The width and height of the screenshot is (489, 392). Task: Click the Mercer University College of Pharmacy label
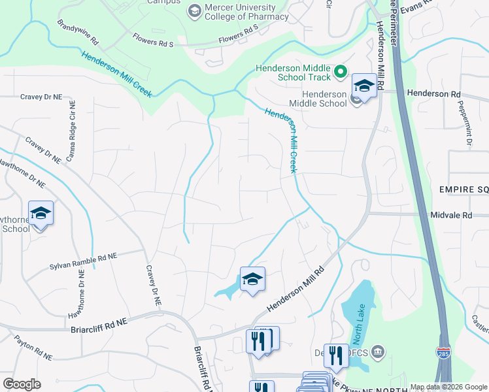pyautogui.click(x=246, y=12)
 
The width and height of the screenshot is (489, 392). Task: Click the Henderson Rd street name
pyautogui.click(x=433, y=94)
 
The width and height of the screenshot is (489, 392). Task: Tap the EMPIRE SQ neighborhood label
pyautogui.click(x=464, y=189)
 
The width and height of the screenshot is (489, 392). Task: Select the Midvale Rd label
pyautogui.click(x=451, y=215)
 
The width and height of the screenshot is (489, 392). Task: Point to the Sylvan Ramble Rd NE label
pyautogui.click(x=83, y=262)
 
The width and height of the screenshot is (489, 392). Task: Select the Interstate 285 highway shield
pyautogui.click(x=444, y=352)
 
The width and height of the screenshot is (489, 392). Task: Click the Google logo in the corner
pyautogui.click(x=22, y=384)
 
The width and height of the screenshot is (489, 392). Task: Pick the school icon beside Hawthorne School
pyautogui.click(x=41, y=214)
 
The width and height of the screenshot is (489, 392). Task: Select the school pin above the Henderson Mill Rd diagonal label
pyautogui.click(x=252, y=279)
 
